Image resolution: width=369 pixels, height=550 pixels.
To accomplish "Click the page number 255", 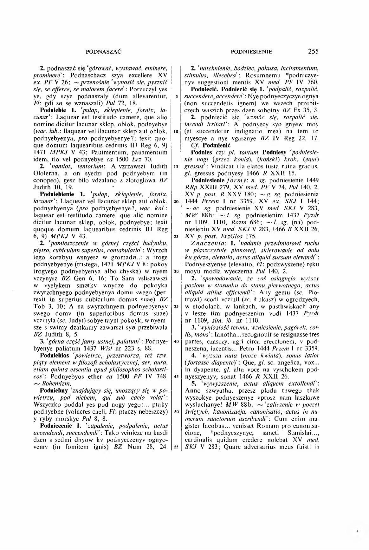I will coord(312,51).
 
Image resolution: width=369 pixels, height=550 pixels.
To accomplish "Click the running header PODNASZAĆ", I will coord(104,51).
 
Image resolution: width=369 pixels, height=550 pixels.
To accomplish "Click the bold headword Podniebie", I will coord(53,111).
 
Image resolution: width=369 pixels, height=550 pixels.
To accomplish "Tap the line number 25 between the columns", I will coord(175,237).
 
